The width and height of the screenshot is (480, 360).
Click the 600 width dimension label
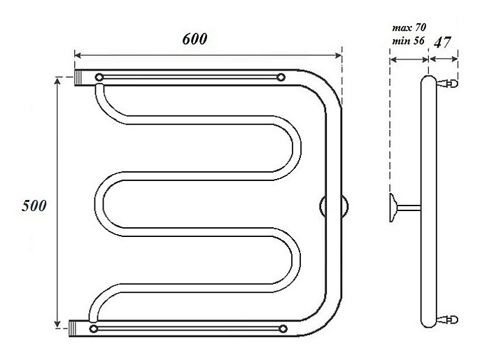coord(195,39)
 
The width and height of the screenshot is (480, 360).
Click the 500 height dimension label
coord(34,206)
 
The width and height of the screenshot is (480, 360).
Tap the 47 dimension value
coord(443,42)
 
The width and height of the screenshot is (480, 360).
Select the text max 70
coord(409,28)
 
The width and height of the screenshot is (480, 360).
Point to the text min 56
coord(409,41)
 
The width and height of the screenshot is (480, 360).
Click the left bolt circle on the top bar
coord(99,77)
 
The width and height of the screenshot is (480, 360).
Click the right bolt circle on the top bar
coord(281,77)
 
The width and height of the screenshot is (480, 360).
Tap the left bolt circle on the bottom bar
coord(94,329)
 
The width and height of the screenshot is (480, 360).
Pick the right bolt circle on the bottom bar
coord(283,329)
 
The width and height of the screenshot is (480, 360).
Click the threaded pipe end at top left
coord(79,78)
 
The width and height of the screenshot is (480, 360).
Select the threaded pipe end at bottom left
coord(73,329)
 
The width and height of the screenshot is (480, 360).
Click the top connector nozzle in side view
coord(447,83)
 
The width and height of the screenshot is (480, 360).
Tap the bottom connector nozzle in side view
coord(447,320)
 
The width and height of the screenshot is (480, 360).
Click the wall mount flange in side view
coord(393,208)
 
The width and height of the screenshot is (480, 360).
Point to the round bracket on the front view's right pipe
coord(334,207)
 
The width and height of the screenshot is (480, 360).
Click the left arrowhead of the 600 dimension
coord(78,55)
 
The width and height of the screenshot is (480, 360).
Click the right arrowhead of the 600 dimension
coord(338,55)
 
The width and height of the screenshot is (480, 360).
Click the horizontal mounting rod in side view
coord(409,208)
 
